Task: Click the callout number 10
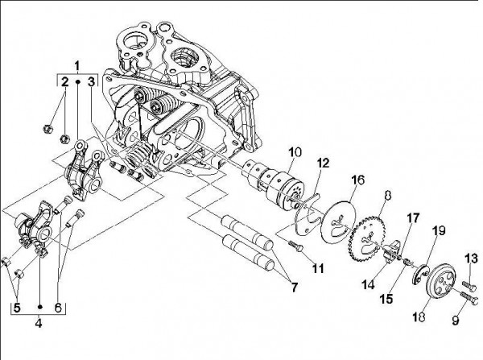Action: tap(295, 151)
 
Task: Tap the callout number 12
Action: tap(322, 163)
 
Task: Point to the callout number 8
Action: tap(387, 194)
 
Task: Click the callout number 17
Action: tap(413, 217)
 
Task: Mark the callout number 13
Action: tap(471, 258)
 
